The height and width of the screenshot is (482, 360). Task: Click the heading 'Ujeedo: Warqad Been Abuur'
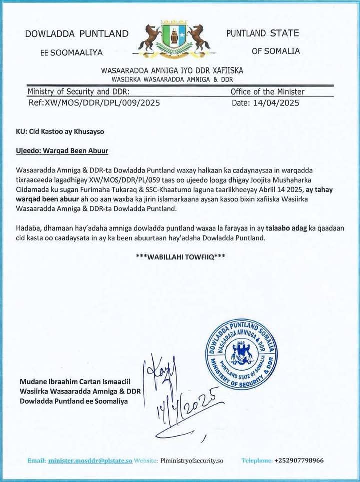(x=62, y=150)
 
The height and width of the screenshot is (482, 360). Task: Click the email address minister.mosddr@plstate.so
(x=90, y=460)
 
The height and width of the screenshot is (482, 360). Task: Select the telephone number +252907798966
(x=299, y=460)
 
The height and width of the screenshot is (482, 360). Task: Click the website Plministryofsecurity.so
(x=192, y=460)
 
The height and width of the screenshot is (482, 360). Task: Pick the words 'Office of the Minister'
(x=267, y=92)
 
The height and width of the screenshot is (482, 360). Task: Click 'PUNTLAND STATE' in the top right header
(x=262, y=34)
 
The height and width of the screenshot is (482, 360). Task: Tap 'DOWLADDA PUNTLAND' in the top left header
(x=77, y=34)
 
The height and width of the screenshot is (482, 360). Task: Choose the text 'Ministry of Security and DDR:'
(x=79, y=92)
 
